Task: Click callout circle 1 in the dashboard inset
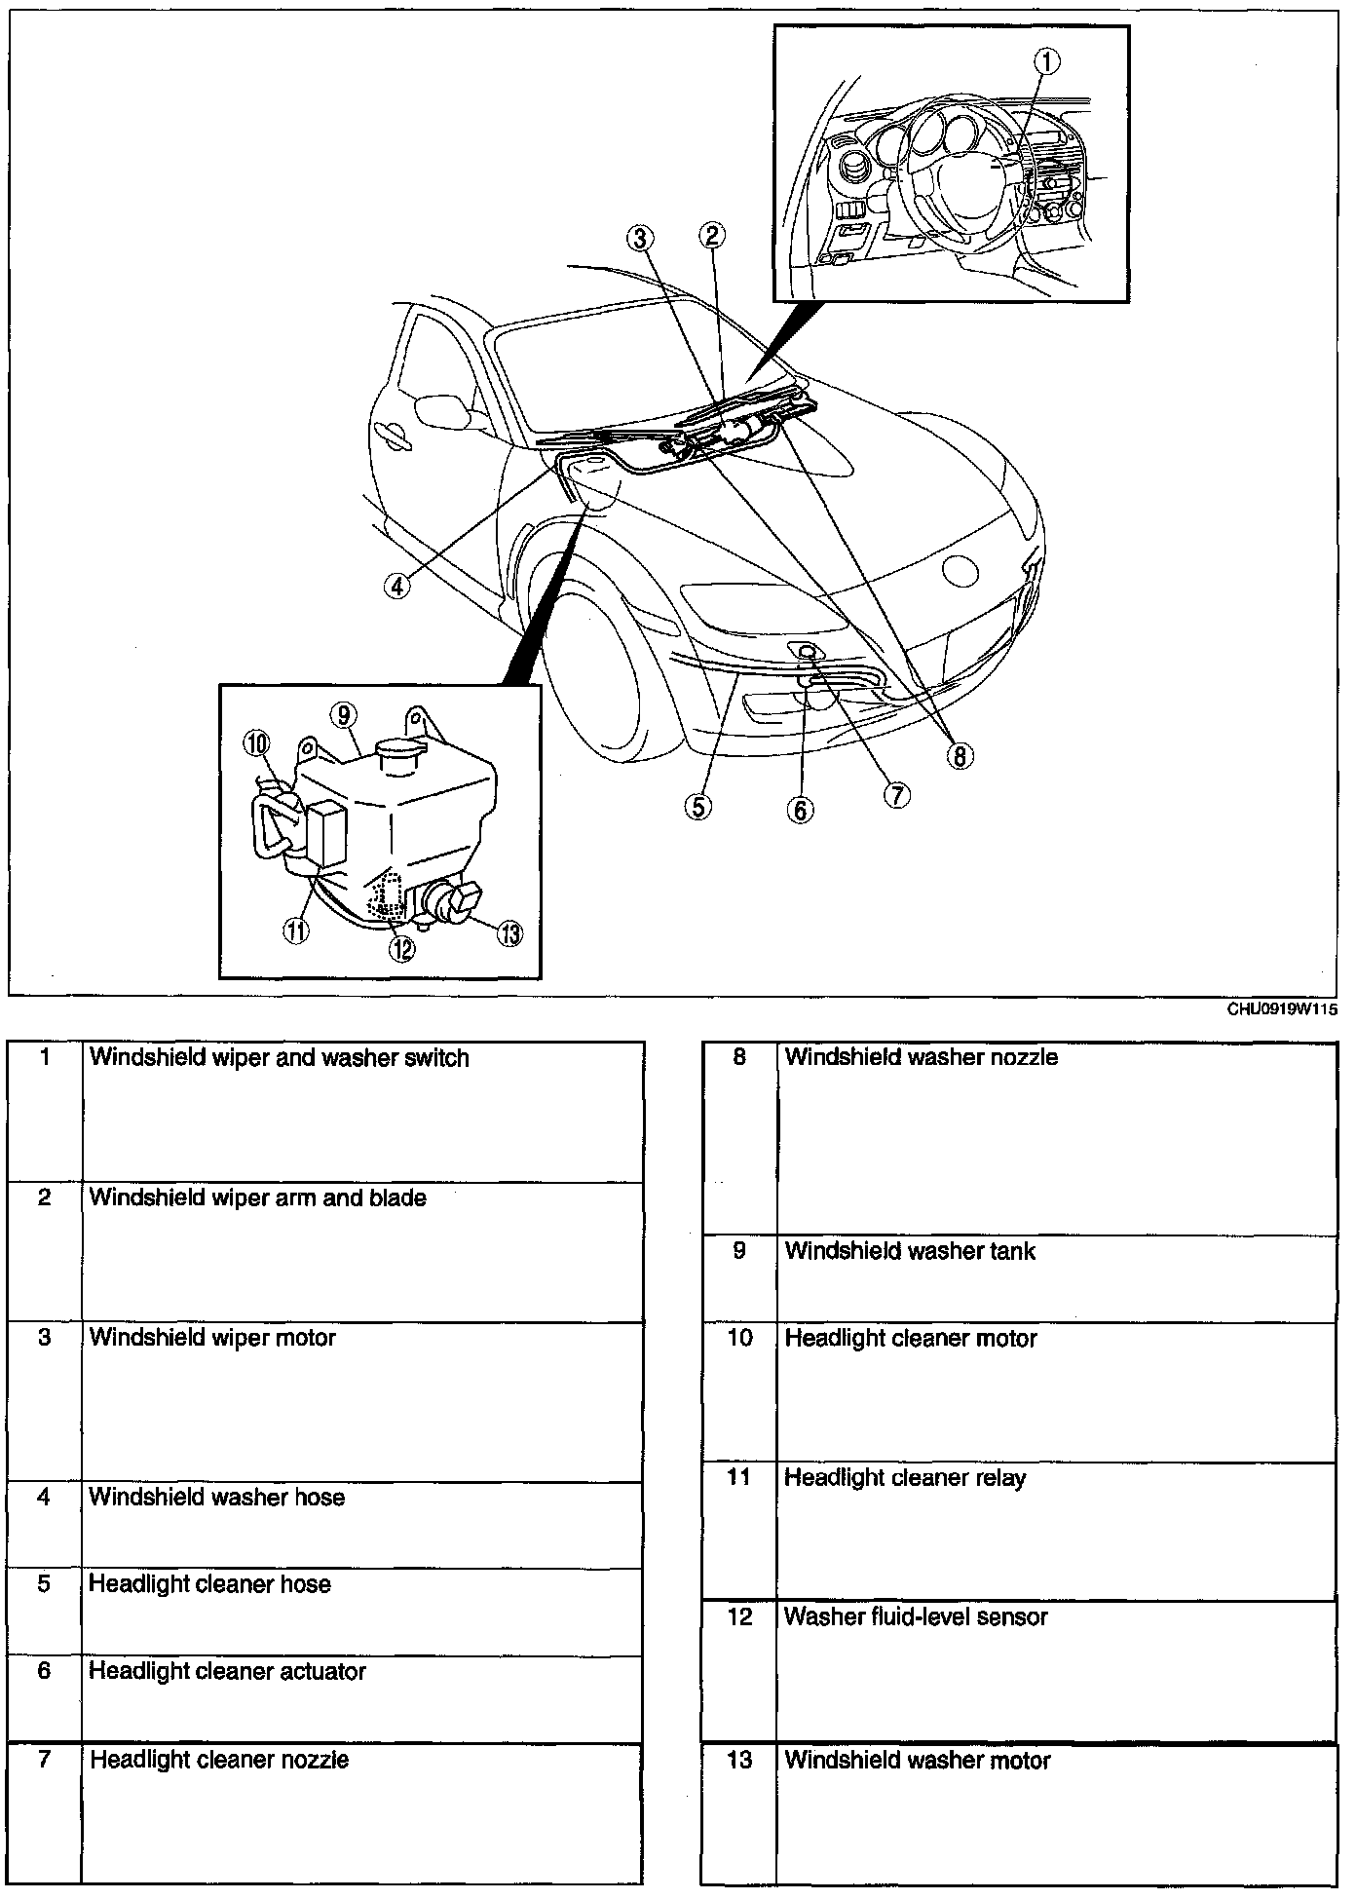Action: coord(1046,61)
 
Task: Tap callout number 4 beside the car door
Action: coord(395,586)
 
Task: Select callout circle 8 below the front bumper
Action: coord(960,755)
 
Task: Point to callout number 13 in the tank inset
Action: coord(509,932)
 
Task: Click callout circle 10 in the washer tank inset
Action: coord(257,744)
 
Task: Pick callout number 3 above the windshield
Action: coord(639,237)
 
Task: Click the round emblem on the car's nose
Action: coord(960,572)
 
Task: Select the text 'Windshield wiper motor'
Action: coord(212,1338)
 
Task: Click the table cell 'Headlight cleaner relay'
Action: coord(905,1478)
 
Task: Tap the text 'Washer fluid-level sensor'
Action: coord(916,1617)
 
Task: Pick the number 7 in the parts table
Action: coord(44,1760)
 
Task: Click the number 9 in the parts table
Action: coord(739,1251)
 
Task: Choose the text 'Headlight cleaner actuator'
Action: coord(227,1672)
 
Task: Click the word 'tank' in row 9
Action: coord(1013,1251)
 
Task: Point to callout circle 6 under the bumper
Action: coord(800,809)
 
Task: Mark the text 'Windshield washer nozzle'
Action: coord(922,1057)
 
